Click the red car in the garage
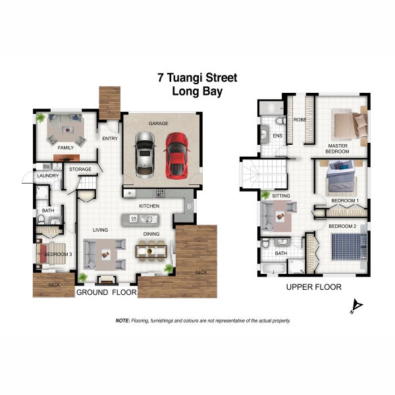pos(176,155)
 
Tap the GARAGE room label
pos(158,122)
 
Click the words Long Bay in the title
pos(197,92)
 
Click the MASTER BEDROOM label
pos(338,148)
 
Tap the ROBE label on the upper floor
pos(300,120)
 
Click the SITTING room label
pos(280,196)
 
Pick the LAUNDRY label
pos(48,176)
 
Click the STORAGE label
pos(80,169)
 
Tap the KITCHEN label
pos(149,206)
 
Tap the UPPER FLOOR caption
pos(313,287)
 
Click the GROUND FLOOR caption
pos(106,291)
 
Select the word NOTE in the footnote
pos(122,321)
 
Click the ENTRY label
pos(109,138)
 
